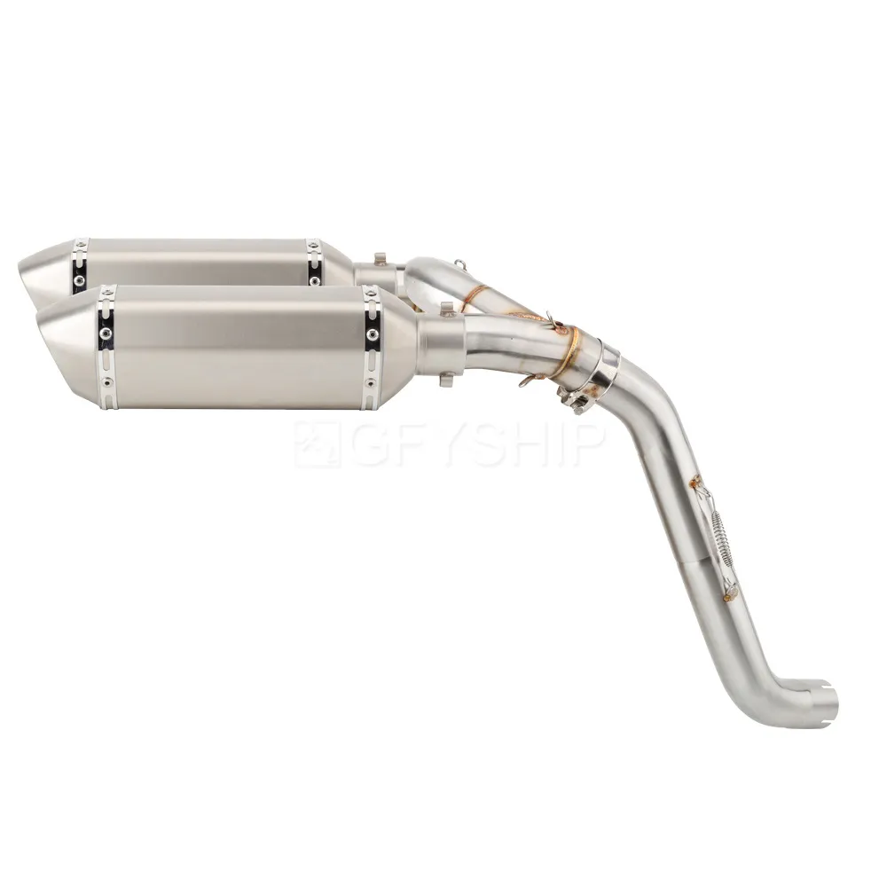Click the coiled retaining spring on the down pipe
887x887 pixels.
click(720, 533)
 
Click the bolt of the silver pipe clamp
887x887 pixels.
click(571, 397)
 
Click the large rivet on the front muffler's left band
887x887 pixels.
click(105, 334)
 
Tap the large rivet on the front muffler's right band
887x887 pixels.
click(373, 334)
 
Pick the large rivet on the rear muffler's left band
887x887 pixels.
click(78, 279)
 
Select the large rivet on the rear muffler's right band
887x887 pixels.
click(315, 279)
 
